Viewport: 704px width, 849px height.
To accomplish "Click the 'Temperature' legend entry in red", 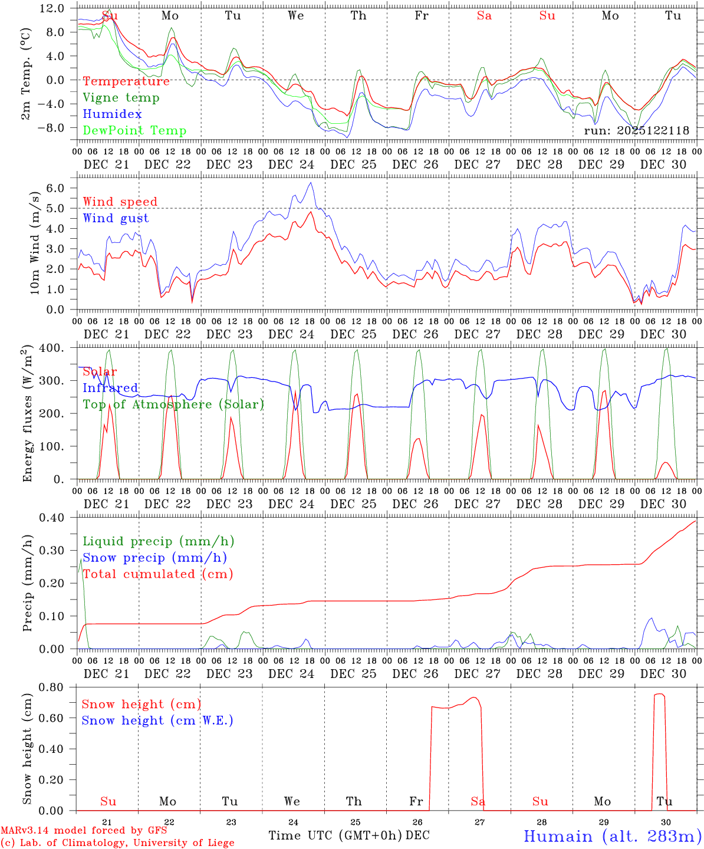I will (126, 81).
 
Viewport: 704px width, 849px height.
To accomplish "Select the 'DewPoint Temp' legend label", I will (134, 131).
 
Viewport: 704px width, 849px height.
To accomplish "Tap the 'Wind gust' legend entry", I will (116, 218).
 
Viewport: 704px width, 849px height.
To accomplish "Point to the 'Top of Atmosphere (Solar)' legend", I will (173, 404).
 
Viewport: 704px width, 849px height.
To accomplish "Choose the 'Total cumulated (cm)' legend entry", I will (157, 574).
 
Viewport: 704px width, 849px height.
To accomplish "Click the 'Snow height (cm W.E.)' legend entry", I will (157, 720).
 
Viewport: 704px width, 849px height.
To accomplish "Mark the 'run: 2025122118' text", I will (636, 131).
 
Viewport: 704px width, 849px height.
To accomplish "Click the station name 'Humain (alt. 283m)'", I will (612, 836).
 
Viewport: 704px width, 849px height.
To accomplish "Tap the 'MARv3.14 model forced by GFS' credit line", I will (84, 831).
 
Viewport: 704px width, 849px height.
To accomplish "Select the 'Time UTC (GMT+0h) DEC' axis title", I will (348, 835).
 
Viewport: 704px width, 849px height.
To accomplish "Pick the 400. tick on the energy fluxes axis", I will (52, 348).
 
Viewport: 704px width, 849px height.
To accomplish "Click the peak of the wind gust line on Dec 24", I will (311, 183).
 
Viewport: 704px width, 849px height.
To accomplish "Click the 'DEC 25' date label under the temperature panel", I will (353, 164).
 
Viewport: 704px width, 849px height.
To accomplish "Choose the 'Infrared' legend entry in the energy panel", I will (110, 388).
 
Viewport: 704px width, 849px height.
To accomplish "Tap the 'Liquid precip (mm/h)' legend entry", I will (158, 541).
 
